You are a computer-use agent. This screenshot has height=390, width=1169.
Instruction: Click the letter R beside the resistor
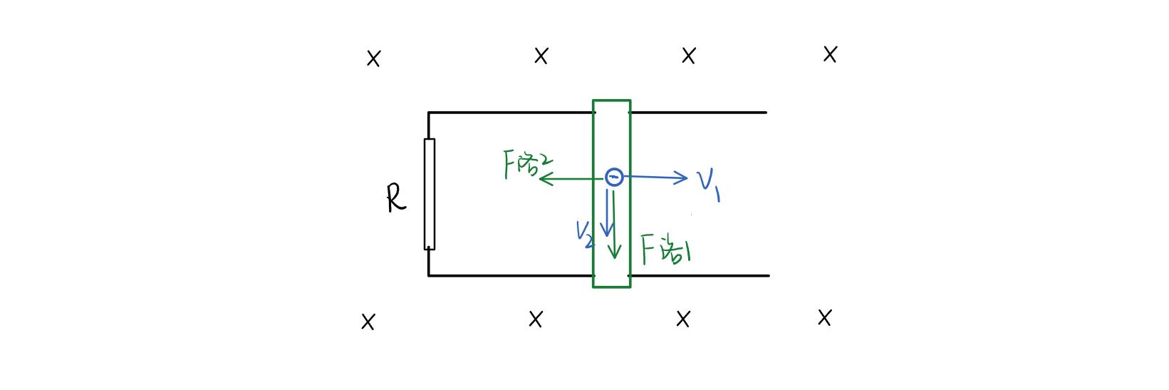click(x=396, y=198)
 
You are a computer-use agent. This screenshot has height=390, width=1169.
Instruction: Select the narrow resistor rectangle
click(x=430, y=194)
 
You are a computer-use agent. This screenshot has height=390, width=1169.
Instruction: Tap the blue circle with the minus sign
click(x=614, y=177)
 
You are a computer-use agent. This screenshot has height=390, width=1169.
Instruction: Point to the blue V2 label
click(x=585, y=233)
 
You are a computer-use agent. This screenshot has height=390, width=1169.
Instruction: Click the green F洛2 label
click(x=526, y=164)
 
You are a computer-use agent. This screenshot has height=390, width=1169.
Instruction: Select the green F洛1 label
click(x=665, y=250)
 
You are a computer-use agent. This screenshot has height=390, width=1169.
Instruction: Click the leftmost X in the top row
click(x=373, y=58)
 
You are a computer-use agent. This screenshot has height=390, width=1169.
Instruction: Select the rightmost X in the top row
click(x=830, y=54)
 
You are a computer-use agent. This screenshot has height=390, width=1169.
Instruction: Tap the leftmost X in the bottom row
click(x=368, y=322)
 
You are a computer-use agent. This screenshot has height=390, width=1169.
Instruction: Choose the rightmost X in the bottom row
click(x=824, y=317)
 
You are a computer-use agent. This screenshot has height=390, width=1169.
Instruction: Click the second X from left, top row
click(x=541, y=56)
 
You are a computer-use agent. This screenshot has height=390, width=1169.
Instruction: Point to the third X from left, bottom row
click(x=682, y=319)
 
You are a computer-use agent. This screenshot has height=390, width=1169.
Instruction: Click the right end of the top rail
click(x=765, y=112)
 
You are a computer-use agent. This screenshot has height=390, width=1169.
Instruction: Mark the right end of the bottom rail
click(x=768, y=275)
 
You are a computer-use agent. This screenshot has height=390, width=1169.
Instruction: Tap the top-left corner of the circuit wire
click(x=429, y=113)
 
